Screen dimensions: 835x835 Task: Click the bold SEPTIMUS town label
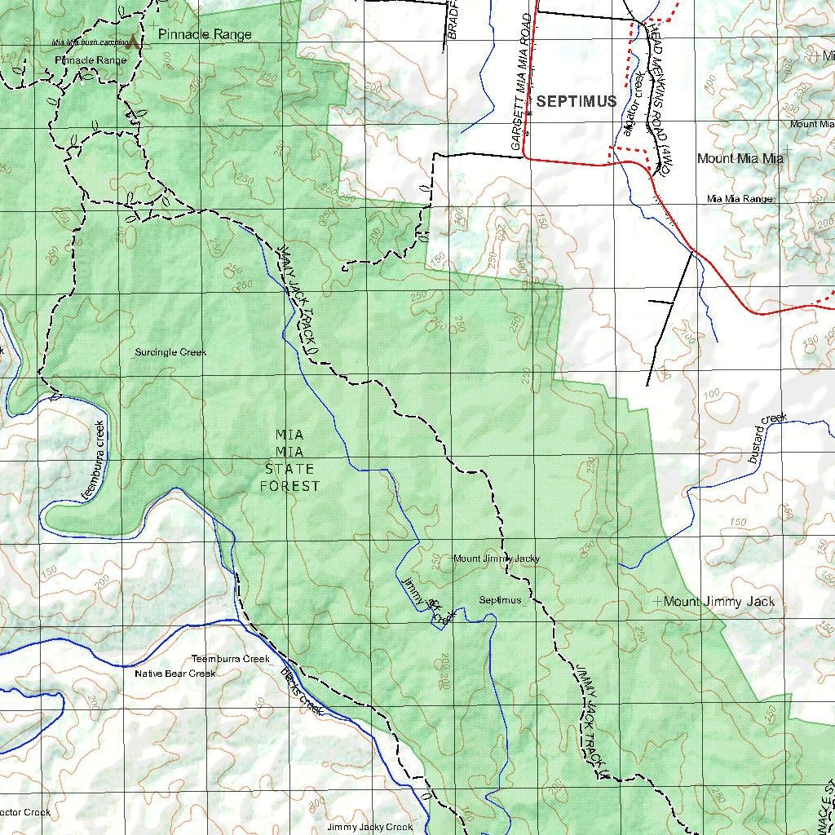point(577,102)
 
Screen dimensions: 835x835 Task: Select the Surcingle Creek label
point(170,352)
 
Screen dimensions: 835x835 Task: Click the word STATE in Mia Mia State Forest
point(289,469)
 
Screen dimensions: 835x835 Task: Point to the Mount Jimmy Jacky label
point(496,559)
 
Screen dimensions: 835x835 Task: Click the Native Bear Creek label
point(175,674)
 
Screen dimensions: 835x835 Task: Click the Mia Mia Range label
point(740,199)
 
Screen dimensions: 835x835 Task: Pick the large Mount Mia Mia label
point(740,159)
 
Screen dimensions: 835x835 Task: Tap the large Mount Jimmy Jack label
point(719,602)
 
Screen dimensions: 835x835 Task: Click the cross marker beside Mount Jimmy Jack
point(658,601)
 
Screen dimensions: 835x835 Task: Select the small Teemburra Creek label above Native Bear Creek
point(230,659)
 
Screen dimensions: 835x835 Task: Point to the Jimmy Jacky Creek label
point(369,827)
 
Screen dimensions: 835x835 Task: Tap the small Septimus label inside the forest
point(500,600)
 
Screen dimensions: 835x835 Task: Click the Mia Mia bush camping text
point(90,42)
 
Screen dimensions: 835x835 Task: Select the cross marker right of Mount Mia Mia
point(787,148)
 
